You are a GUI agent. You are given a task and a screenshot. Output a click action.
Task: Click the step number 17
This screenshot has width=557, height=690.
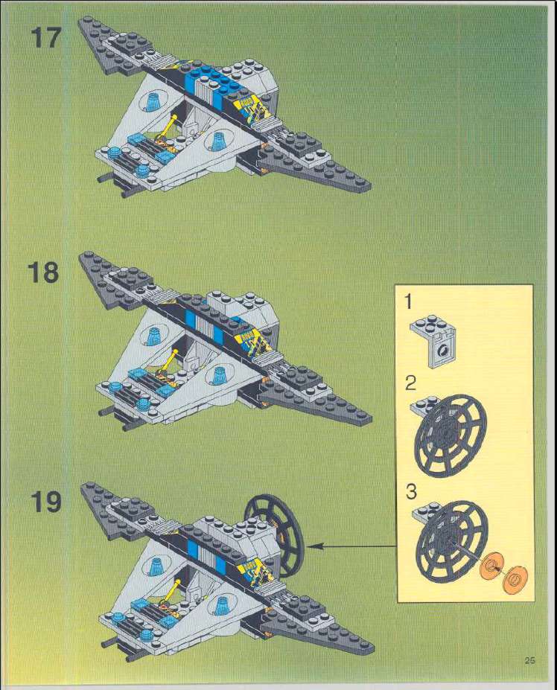[44, 37]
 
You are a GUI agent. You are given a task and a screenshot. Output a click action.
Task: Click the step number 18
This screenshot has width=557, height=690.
[44, 272]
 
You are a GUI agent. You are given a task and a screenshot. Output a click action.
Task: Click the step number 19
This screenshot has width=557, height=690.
[45, 503]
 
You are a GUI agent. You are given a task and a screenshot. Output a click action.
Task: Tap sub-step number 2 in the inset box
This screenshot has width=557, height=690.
[411, 384]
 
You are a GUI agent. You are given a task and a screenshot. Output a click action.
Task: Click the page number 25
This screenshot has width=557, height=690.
[530, 659]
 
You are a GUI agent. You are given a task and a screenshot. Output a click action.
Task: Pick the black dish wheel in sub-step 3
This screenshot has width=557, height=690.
[449, 535]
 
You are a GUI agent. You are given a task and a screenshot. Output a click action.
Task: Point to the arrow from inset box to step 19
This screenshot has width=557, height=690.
[350, 547]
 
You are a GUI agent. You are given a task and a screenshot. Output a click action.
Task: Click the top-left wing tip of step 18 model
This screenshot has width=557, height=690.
[83, 257]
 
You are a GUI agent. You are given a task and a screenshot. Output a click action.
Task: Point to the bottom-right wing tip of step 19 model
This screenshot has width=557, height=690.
[369, 650]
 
